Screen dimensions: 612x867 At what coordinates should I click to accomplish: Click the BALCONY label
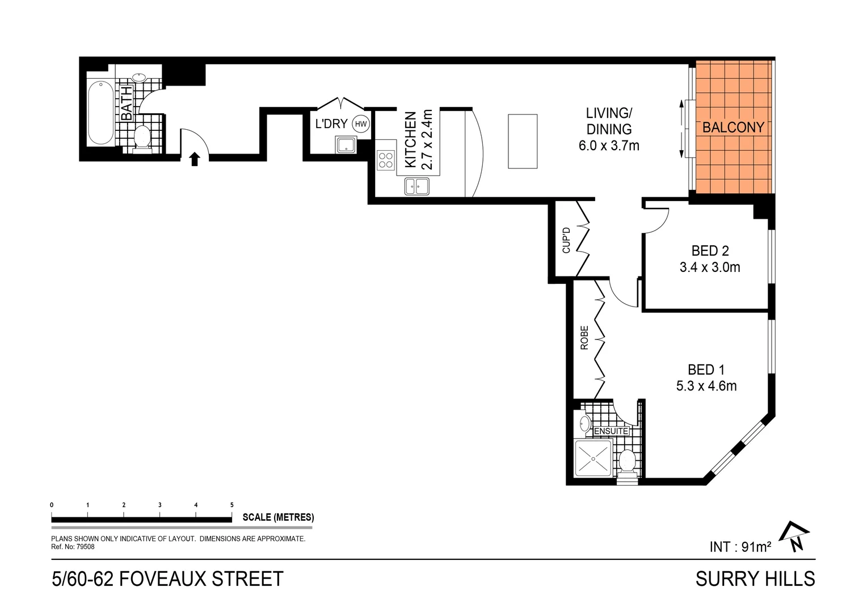tap(733, 127)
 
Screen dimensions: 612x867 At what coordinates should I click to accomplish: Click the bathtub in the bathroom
tap(102, 113)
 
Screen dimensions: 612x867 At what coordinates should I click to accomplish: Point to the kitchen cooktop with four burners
tap(386, 160)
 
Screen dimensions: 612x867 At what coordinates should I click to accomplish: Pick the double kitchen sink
tap(416, 186)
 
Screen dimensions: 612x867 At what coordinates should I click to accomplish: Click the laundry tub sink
tap(346, 146)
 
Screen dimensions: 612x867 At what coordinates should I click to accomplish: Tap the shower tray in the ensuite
tap(593, 458)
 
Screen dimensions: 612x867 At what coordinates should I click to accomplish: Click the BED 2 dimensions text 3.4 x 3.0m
tap(710, 267)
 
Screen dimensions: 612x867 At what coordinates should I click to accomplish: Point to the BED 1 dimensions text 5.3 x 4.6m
tap(706, 386)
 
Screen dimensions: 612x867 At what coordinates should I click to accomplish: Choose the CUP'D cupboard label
tap(566, 240)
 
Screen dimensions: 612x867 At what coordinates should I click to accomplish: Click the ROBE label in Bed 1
tap(584, 337)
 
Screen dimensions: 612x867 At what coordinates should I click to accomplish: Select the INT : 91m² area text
tap(740, 547)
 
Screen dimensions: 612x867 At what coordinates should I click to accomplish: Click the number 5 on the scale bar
tap(232, 505)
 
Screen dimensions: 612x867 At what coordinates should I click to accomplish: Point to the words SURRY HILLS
tap(755, 579)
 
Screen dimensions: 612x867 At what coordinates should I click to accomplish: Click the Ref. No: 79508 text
tap(73, 547)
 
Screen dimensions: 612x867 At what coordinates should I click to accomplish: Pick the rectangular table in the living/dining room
tap(522, 141)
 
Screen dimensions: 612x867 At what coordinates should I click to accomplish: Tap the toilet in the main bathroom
tap(141, 138)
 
